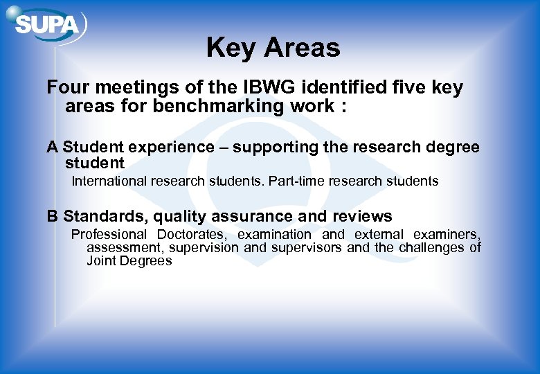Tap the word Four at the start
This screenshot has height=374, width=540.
click(69, 88)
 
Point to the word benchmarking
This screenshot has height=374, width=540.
click(215, 106)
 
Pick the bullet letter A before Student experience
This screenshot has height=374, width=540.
click(52, 147)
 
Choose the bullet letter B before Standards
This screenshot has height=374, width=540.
click(52, 216)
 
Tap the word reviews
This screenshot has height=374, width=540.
click(362, 216)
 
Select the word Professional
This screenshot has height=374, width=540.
click(109, 235)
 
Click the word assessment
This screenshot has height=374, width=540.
click(125, 247)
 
